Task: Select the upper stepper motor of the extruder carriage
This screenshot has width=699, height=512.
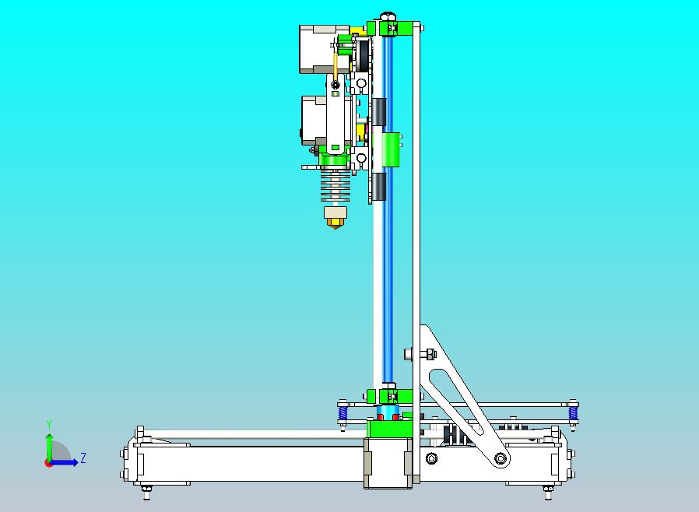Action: [318, 49]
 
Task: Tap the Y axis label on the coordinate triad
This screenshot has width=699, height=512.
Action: [49, 424]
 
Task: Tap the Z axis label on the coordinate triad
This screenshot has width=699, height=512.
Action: [83, 458]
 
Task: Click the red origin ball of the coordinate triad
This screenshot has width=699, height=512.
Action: [48, 463]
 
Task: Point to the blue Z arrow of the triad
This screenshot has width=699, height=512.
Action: [67, 463]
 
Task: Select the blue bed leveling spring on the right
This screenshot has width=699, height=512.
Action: [574, 412]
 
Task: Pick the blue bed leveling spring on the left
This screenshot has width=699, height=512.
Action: [342, 412]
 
